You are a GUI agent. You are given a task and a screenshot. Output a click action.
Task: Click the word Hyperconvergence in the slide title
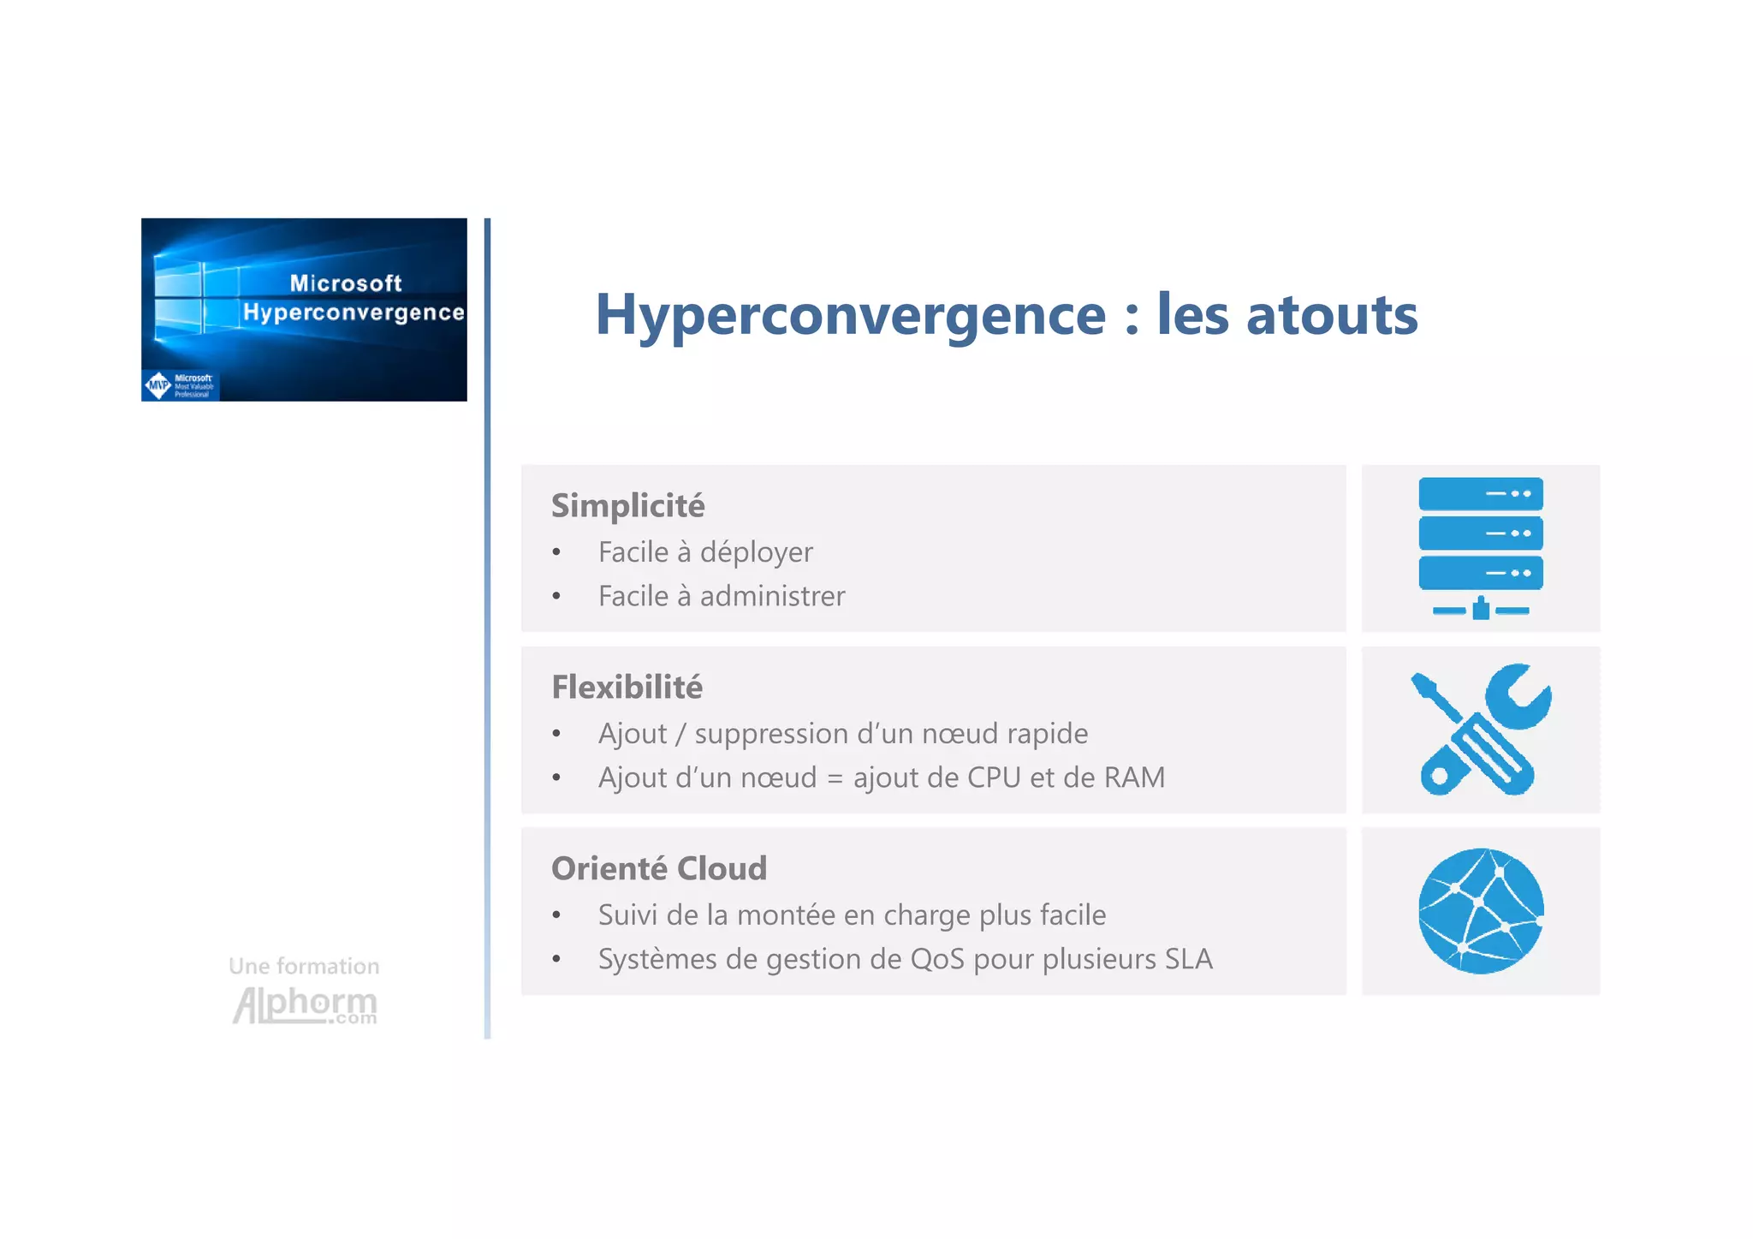pos(850,316)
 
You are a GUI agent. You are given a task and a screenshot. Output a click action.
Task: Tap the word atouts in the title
pos(1332,314)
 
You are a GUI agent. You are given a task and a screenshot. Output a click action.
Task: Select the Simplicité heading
pos(627,505)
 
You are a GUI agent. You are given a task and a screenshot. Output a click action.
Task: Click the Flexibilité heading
pos(627,687)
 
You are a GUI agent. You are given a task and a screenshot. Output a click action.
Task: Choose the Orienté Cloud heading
pos(658,868)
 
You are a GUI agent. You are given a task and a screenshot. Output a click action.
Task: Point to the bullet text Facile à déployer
pos(705,552)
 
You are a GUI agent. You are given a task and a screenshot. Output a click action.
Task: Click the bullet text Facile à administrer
pos(721,596)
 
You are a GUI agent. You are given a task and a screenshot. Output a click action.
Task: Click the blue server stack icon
pos(1480,546)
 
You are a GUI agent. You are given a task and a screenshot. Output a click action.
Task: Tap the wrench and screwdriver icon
pos(1480,730)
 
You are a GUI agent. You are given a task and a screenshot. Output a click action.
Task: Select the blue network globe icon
pos(1480,910)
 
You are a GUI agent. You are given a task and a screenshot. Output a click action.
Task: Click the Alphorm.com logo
pos(305,1005)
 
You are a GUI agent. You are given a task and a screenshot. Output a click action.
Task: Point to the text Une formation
pos(304,966)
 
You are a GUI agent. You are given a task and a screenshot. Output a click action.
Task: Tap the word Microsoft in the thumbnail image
pos(345,283)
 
